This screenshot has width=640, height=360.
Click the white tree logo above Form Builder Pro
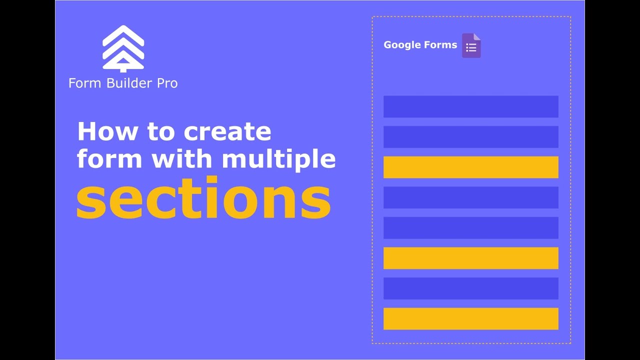click(123, 48)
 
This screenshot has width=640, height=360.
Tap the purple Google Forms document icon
click(471, 46)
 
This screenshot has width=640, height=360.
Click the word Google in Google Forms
click(401, 45)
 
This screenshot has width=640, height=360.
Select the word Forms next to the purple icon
click(440, 45)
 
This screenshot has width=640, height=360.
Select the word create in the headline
click(227, 132)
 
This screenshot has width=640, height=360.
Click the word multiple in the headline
click(278, 158)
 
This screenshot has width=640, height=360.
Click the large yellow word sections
click(203, 198)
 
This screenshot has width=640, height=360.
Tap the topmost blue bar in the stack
click(470, 106)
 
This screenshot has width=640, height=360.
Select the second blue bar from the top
click(470, 137)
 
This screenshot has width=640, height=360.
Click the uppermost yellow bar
click(470, 167)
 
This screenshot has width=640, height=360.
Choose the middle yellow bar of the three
click(470, 258)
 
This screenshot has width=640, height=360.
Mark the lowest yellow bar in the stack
click(470, 318)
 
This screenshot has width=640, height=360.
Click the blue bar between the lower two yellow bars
click(470, 288)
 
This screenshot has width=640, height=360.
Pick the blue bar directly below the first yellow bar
click(470, 197)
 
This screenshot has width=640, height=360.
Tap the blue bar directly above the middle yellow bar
click(470, 227)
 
